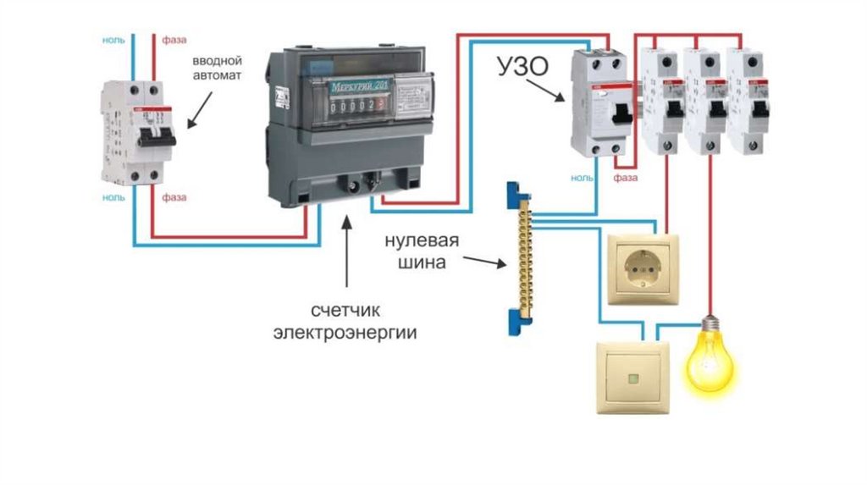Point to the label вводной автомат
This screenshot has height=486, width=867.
pyautogui.click(x=217, y=68)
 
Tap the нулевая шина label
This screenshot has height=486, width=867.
pyautogui.click(x=422, y=251)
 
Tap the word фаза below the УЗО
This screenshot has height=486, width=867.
pyautogui.click(x=626, y=178)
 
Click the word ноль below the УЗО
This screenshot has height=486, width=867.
pyautogui.click(x=583, y=178)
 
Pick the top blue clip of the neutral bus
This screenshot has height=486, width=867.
pyautogui.click(x=512, y=194)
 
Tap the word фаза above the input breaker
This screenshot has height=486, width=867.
pyautogui.click(x=174, y=40)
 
